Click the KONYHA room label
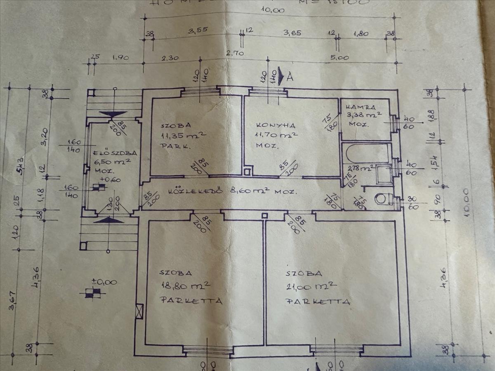(271, 125)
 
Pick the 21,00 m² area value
(311, 286)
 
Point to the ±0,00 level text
(104, 282)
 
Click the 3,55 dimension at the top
(197, 30)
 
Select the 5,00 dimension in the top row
(340, 58)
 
